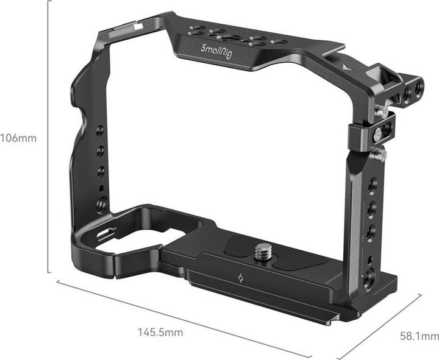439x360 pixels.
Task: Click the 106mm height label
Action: pyautogui.click(x=18, y=138)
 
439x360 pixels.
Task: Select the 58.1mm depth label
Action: pyautogui.click(x=419, y=336)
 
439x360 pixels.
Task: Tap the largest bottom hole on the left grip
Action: pyautogui.click(x=101, y=203)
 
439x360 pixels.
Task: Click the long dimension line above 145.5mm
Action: pyautogui.click(x=183, y=318)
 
